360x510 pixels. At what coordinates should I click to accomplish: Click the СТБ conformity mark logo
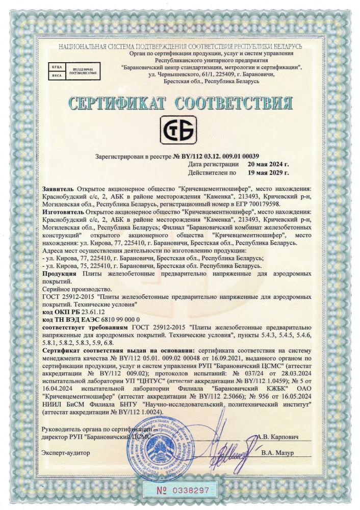coord(179,131)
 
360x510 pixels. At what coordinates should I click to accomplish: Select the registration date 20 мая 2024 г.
coord(268,165)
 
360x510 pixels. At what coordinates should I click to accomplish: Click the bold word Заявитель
coord(58,190)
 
